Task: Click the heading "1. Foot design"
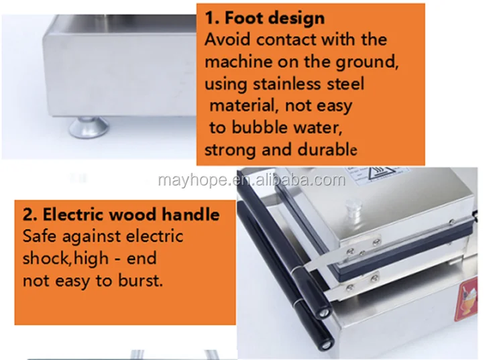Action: (x=265, y=17)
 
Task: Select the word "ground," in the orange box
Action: (x=367, y=62)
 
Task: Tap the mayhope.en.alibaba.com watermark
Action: (x=251, y=180)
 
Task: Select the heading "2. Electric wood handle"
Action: (x=121, y=214)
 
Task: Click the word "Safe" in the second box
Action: (x=39, y=236)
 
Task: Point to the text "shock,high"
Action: (x=66, y=258)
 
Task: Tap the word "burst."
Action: (x=141, y=280)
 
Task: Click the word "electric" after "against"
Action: (x=154, y=236)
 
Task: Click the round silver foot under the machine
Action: (x=89, y=127)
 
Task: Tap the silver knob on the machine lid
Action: (x=351, y=208)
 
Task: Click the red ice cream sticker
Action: (x=466, y=299)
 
